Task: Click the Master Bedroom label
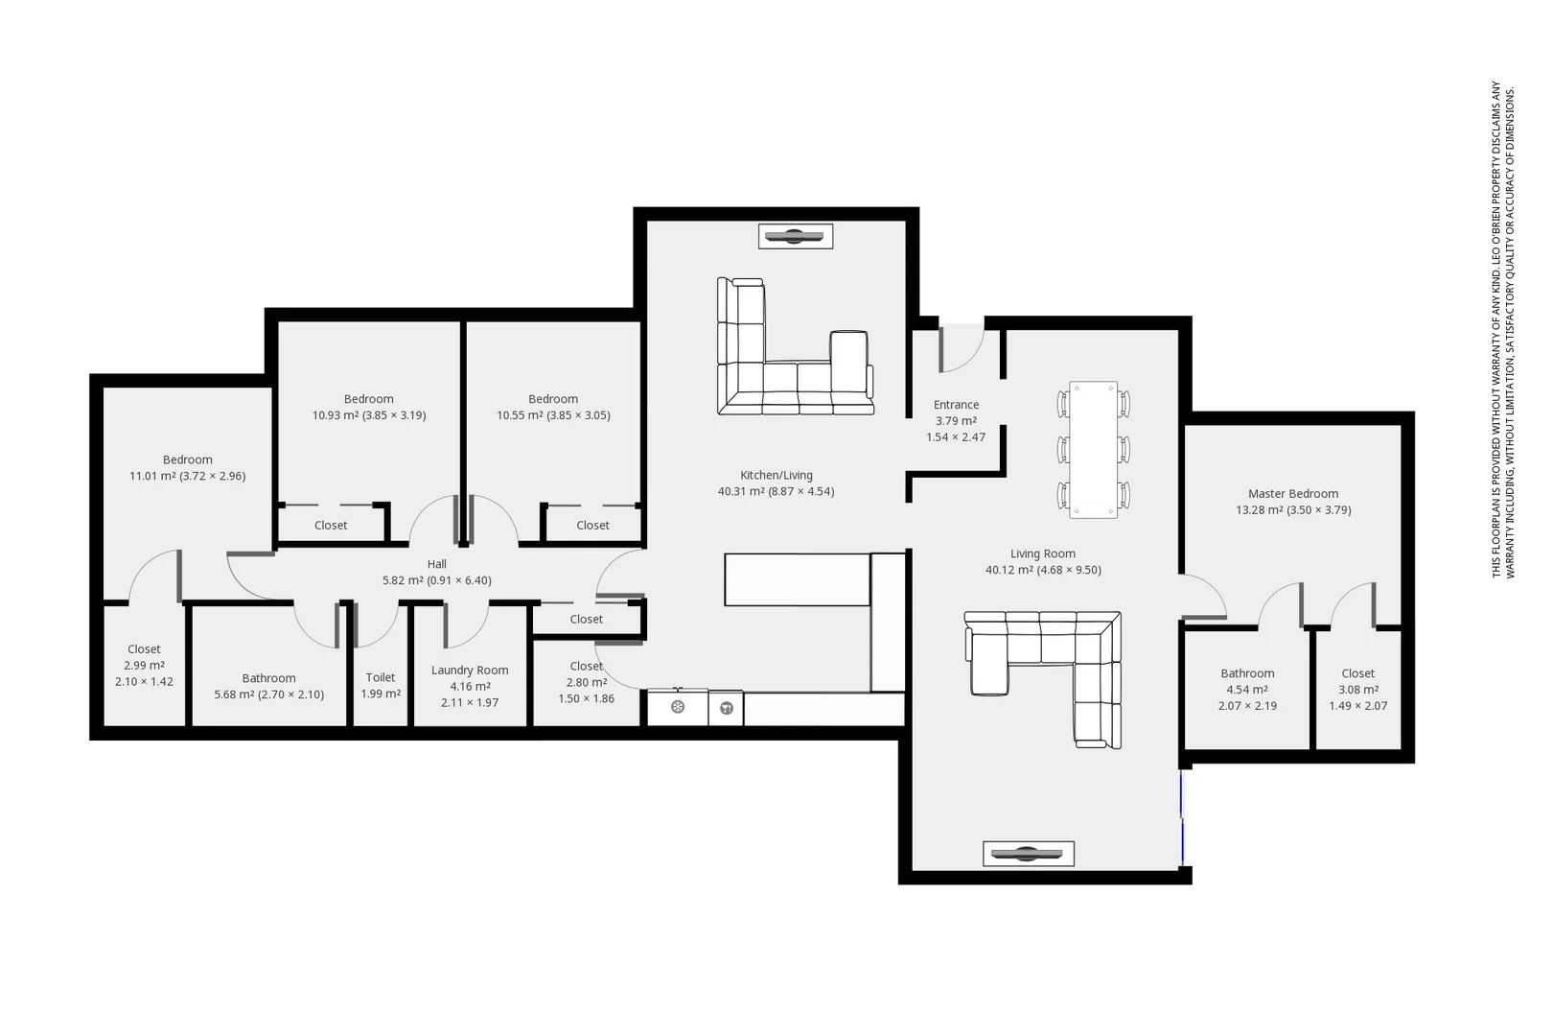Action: tap(1293, 494)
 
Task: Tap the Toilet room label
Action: tap(381, 677)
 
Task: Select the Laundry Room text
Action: tap(470, 671)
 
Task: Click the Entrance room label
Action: tap(956, 405)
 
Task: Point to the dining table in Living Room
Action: tap(1093, 449)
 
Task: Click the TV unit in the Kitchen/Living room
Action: tap(795, 236)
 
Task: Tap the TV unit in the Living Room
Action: tap(1028, 854)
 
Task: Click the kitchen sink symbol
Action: tap(678, 708)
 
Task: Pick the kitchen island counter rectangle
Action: tap(797, 579)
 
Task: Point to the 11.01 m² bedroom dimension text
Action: tap(187, 476)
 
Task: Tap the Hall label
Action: tap(437, 564)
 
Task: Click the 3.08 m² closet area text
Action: tap(1357, 690)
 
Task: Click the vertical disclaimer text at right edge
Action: tap(1502, 329)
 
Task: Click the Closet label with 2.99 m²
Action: tap(144, 649)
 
